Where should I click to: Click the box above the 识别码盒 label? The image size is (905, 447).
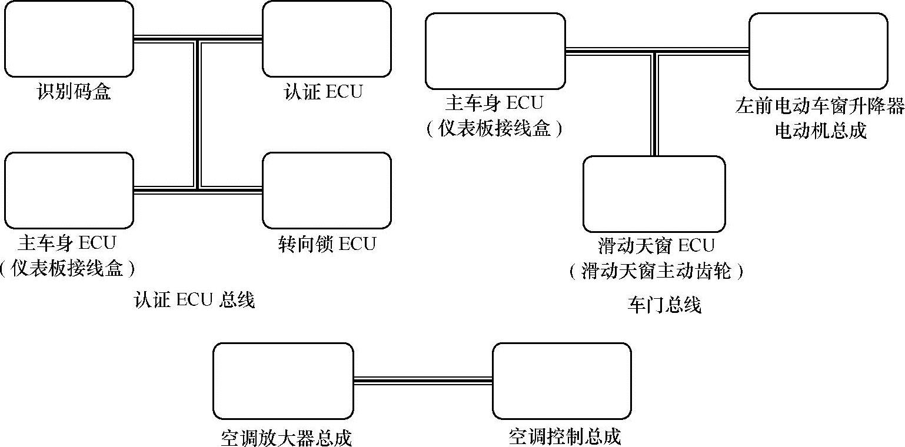[69, 39]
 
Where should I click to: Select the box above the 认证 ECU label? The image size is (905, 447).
[327, 39]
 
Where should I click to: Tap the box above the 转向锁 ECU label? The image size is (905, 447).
[327, 190]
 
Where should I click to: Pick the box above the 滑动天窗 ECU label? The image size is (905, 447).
[654, 194]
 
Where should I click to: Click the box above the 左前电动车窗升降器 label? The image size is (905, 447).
[818, 51]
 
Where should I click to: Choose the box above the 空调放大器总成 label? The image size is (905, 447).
[283, 381]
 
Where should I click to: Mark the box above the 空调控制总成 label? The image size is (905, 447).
[561, 381]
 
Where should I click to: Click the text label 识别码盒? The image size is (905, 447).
[74, 92]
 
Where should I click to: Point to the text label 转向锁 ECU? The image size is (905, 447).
[327, 243]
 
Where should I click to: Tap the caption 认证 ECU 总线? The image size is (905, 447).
[194, 301]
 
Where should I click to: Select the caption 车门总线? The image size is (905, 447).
[664, 305]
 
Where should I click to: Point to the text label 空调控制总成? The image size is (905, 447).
[565, 437]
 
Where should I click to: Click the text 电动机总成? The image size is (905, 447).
[820, 131]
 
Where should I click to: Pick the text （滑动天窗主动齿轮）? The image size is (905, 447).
[656, 272]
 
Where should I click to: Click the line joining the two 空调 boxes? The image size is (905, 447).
[422, 381]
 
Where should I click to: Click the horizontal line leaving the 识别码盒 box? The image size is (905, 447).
[165, 39]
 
